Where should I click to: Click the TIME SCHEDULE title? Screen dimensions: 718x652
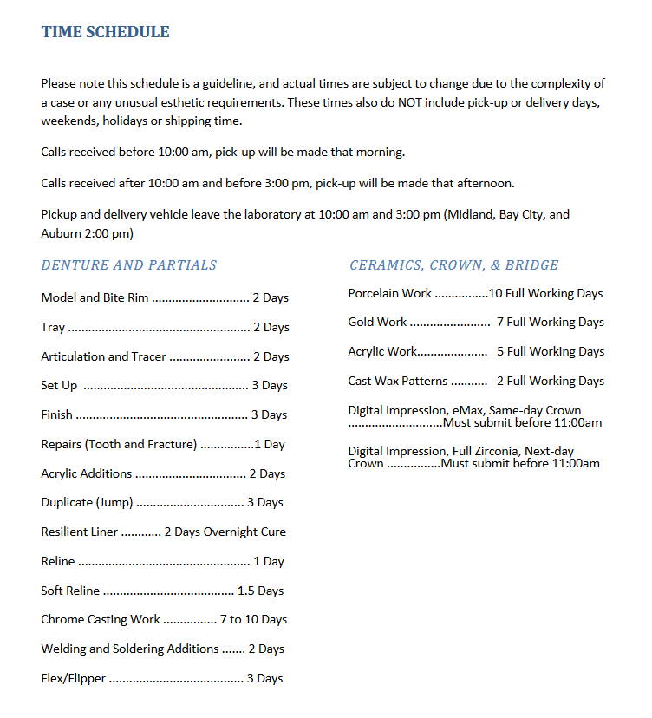click(x=105, y=32)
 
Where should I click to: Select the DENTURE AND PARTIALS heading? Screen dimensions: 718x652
click(x=129, y=265)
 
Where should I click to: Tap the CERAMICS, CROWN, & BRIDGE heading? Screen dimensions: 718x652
click(x=453, y=265)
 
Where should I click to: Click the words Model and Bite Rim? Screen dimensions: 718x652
click(x=95, y=297)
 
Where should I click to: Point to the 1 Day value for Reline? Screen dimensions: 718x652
click(x=269, y=561)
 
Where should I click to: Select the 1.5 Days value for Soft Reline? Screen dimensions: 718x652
click(x=260, y=591)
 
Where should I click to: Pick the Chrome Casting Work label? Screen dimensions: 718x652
click(x=101, y=619)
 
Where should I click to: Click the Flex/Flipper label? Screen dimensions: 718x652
click(x=73, y=678)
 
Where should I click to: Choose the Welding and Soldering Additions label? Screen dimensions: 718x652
click(x=129, y=649)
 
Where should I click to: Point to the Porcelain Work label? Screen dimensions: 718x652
click(x=389, y=293)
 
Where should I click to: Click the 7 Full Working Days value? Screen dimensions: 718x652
click(x=550, y=322)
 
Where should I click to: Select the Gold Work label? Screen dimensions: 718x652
click(x=377, y=322)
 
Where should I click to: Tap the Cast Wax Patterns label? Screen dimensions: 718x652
click(x=398, y=381)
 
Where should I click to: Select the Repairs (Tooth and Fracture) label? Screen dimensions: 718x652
click(x=119, y=444)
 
